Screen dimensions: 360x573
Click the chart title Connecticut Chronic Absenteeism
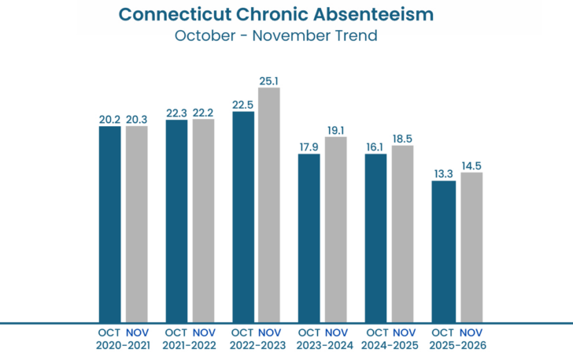[x=286, y=14]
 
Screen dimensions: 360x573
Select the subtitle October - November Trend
[x=286, y=35]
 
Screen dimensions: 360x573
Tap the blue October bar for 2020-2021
[x=109, y=224]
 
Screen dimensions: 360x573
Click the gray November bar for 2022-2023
[x=269, y=205]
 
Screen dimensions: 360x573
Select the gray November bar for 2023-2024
[x=336, y=229]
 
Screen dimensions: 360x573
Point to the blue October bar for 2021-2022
[x=176, y=221]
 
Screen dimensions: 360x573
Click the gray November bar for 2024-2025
[x=402, y=233]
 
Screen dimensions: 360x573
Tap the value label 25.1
[x=269, y=80]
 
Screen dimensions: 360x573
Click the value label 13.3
[x=444, y=174]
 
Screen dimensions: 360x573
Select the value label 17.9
[x=309, y=147]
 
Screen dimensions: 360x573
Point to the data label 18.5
[x=402, y=139]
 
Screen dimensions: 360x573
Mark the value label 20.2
[x=109, y=120]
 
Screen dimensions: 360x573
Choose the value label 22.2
[x=203, y=113]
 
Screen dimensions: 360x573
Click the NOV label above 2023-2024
[x=336, y=332]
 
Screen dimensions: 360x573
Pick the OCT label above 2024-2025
[x=377, y=332]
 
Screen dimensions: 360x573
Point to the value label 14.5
[x=471, y=165]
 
